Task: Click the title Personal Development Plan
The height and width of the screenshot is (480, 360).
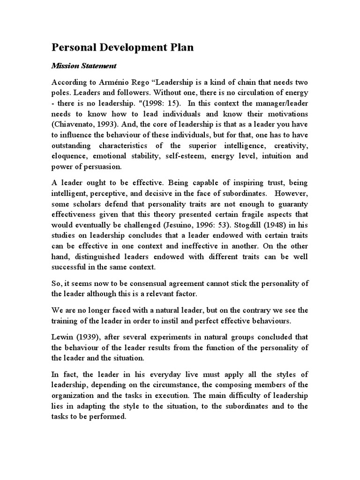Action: (x=122, y=48)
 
